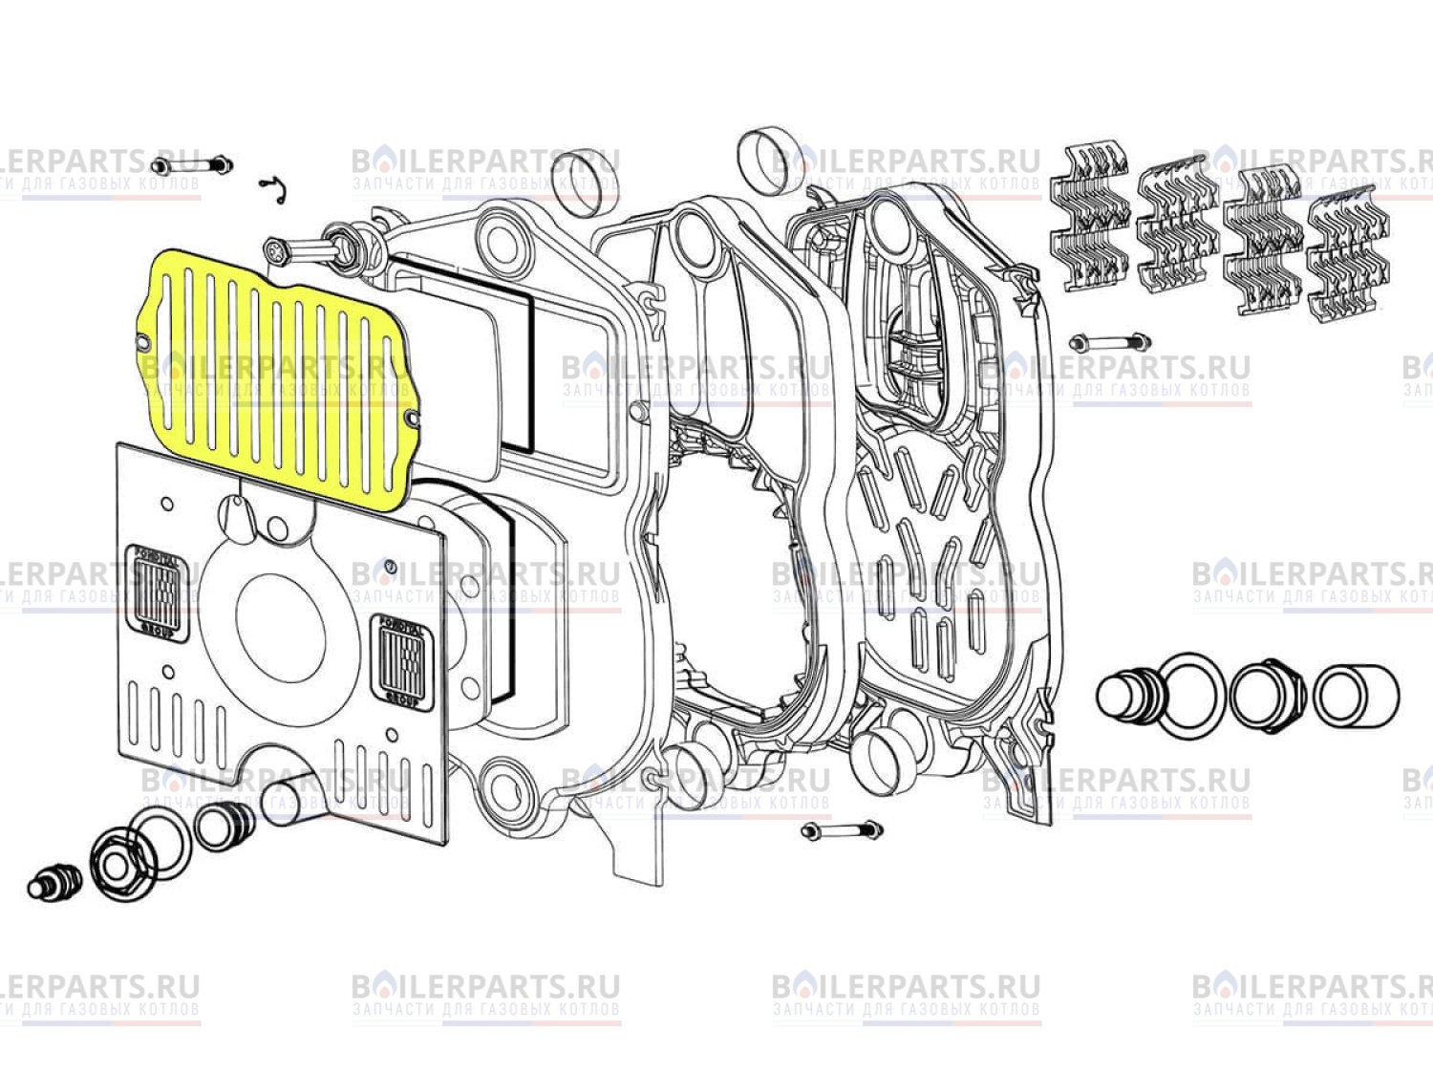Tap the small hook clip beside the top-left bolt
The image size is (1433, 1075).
point(273,188)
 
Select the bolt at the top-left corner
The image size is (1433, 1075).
point(192,165)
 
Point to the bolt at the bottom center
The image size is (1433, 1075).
point(841,830)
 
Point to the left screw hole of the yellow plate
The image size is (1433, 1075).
point(144,339)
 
